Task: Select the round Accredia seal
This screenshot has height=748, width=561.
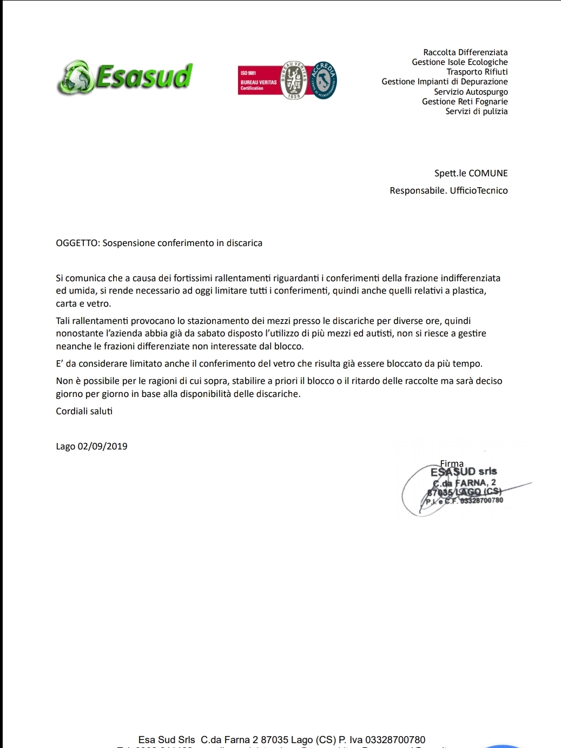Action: (x=324, y=81)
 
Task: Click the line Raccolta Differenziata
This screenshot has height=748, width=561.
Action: (x=465, y=52)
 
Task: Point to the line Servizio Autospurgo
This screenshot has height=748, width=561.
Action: (x=471, y=92)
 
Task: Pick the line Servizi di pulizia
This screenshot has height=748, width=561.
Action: (x=476, y=111)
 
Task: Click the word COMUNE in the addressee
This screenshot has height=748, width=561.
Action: (x=488, y=174)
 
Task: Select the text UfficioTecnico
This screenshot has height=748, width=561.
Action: (x=479, y=191)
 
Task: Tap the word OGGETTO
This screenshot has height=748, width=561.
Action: (x=77, y=243)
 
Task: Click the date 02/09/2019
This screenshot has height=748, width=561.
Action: (x=102, y=447)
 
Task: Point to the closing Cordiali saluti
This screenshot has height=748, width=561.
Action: (x=84, y=412)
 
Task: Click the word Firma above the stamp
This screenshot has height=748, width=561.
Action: (x=452, y=464)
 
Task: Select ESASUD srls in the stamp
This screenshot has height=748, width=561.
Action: (x=464, y=472)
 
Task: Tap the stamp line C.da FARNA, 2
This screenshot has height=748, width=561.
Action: (x=465, y=482)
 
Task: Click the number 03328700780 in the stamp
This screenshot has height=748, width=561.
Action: (x=481, y=500)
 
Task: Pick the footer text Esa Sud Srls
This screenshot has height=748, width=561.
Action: (x=167, y=740)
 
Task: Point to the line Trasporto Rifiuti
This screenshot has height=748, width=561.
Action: (x=477, y=72)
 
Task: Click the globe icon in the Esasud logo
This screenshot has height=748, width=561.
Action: (x=75, y=77)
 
